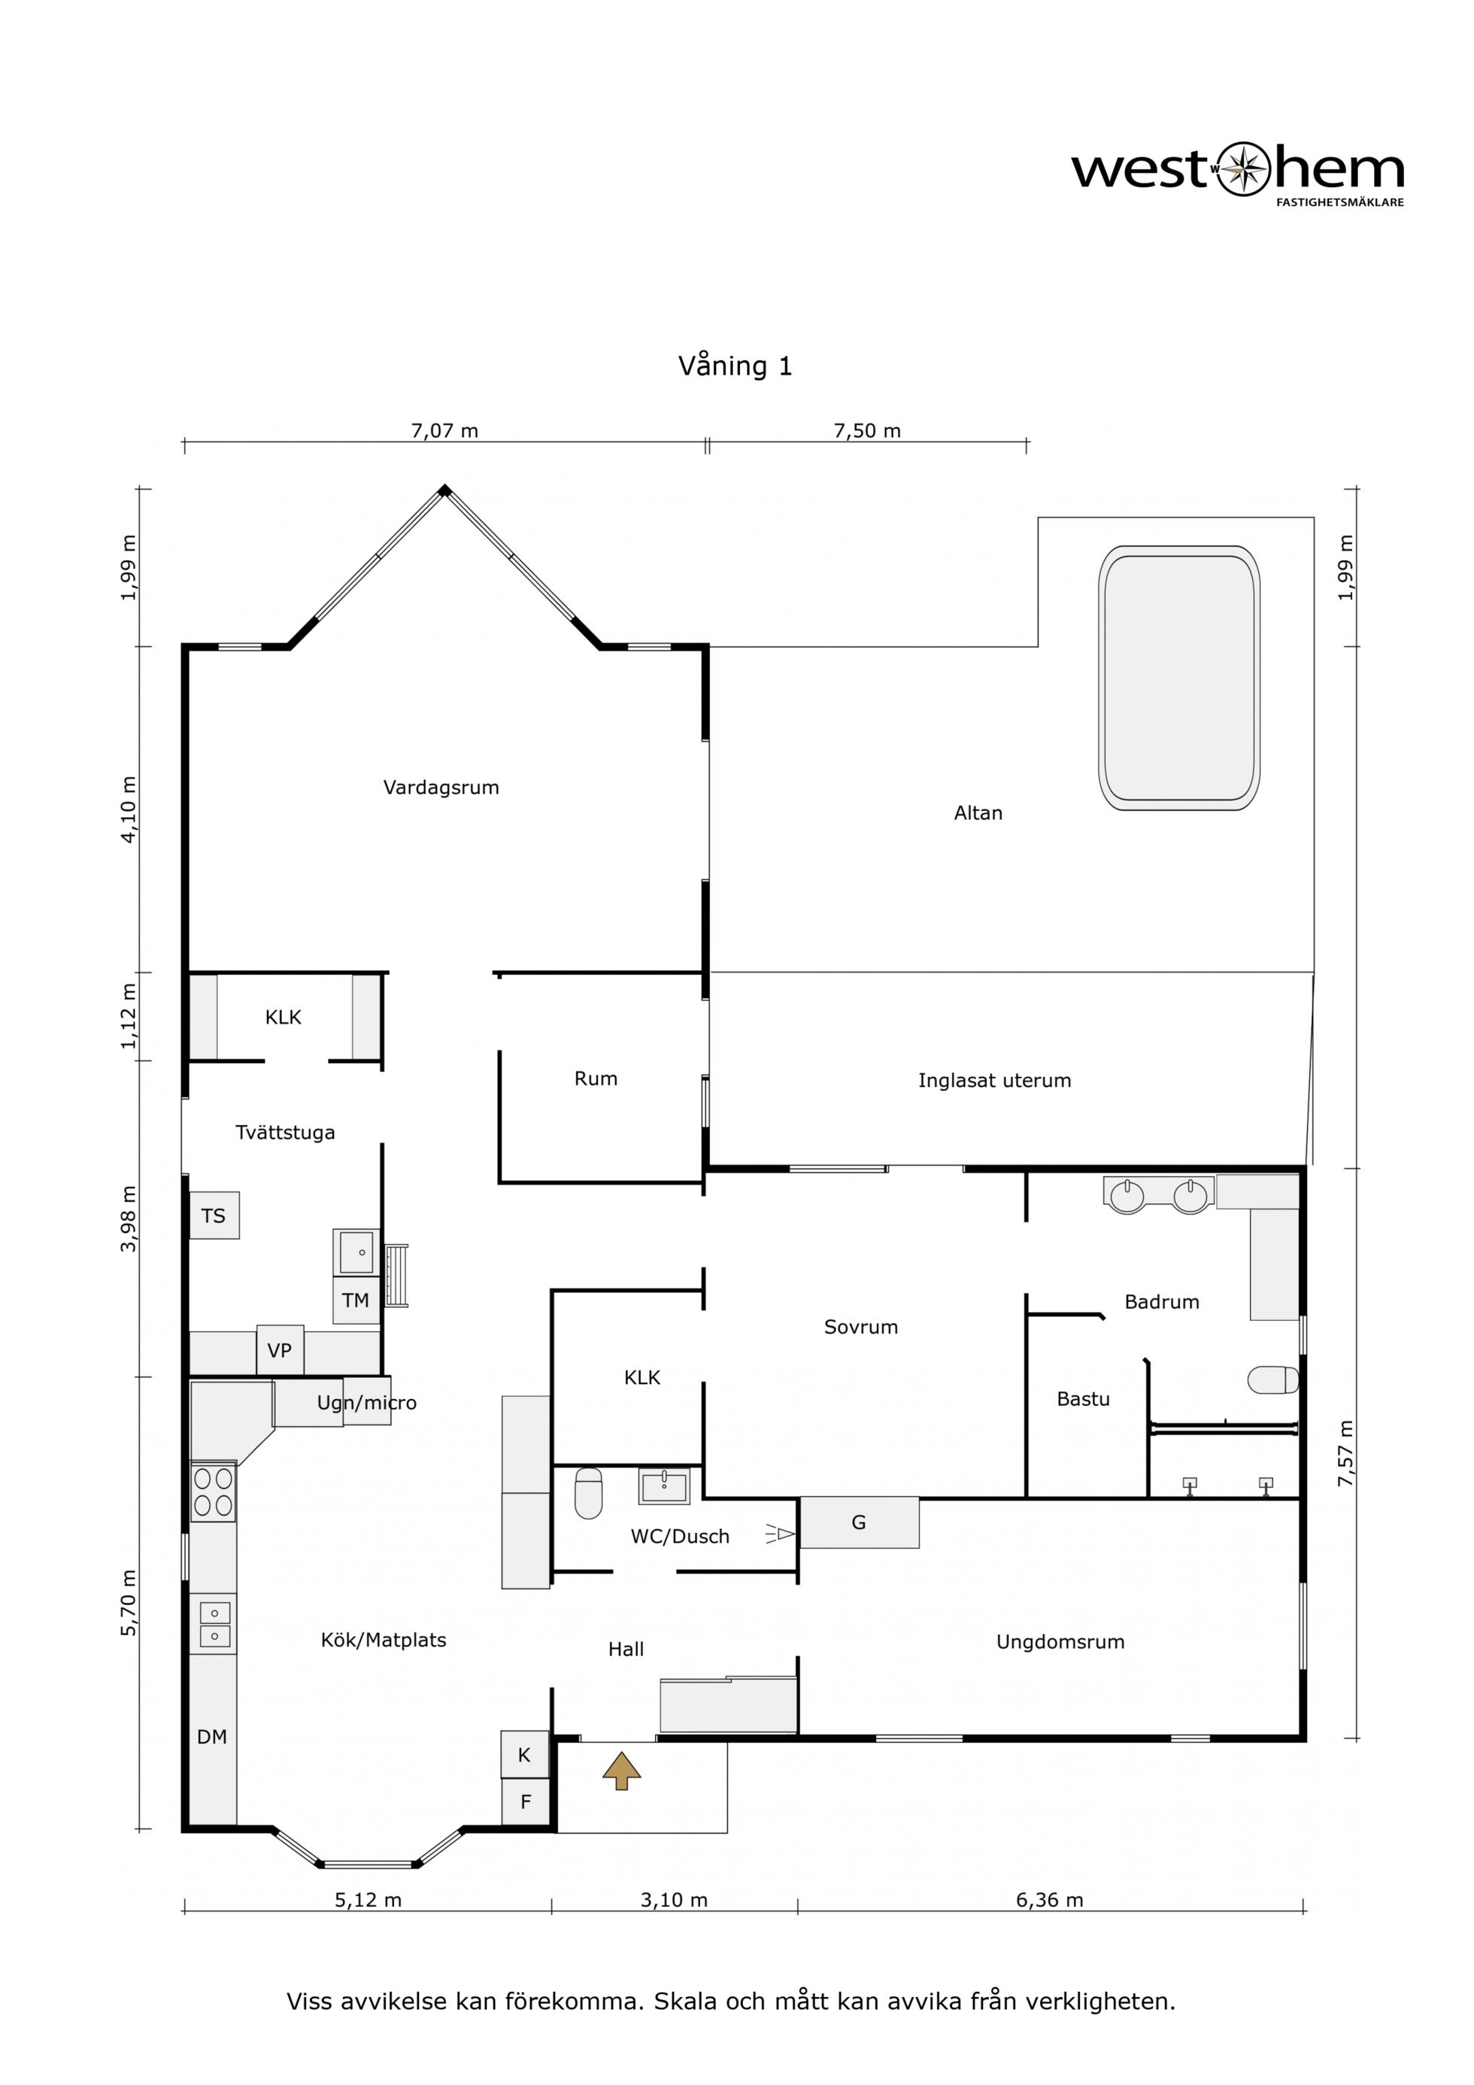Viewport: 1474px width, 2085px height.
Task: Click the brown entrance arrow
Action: click(x=621, y=1770)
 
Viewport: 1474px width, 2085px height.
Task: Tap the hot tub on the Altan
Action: click(x=1179, y=678)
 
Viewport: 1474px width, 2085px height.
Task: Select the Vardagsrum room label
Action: click(x=441, y=788)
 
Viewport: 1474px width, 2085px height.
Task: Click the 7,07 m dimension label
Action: click(x=445, y=430)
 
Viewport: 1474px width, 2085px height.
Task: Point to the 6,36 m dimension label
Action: click(x=1050, y=1900)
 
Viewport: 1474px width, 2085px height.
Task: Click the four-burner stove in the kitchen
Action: click(x=214, y=1492)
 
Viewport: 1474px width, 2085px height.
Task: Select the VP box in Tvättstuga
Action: click(x=280, y=1350)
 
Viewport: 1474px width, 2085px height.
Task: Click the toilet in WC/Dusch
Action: click(x=589, y=1493)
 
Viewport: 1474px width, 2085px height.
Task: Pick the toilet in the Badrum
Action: click(x=1272, y=1380)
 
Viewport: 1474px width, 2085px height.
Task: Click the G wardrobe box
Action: click(x=859, y=1523)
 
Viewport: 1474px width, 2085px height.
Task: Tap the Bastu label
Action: click(x=1084, y=1399)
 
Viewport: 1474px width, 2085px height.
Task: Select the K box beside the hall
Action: click(x=525, y=1755)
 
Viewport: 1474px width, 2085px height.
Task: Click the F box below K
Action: click(x=525, y=1801)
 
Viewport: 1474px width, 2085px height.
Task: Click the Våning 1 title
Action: click(x=735, y=366)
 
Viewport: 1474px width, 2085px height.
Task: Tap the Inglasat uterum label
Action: click(x=994, y=1081)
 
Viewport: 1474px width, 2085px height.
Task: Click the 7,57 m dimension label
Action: click(x=1346, y=1453)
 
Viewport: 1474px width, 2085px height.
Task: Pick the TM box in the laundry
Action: click(x=356, y=1300)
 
